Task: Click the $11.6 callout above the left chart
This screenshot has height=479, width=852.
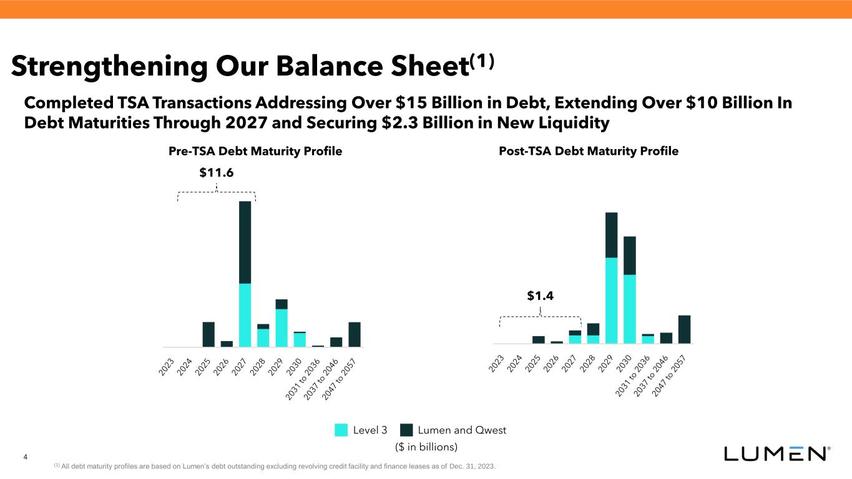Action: (216, 173)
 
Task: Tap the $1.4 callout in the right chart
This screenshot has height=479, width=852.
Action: (540, 296)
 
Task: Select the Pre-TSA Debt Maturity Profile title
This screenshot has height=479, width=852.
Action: (255, 151)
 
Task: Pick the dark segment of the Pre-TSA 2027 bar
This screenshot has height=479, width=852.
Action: (245, 242)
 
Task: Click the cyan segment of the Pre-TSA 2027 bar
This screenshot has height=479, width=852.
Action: (245, 315)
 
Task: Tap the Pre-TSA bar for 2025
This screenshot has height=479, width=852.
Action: (208, 334)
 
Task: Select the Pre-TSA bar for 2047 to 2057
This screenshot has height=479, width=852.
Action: (355, 334)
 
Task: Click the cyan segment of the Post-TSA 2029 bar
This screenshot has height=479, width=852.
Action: (611, 300)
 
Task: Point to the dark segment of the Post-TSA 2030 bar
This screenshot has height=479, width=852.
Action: (630, 256)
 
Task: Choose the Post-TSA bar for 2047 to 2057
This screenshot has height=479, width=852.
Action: (684, 329)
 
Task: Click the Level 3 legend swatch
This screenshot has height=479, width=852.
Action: (341, 430)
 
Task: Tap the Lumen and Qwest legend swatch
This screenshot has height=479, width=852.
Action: (407, 430)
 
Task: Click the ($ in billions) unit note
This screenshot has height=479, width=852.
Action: (427, 447)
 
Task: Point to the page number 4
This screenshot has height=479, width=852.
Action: (25, 458)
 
